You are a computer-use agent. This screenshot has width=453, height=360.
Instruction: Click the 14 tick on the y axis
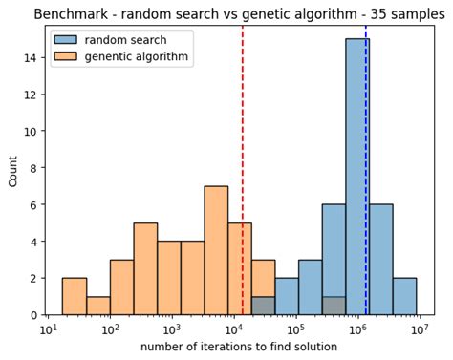click(x=31, y=57)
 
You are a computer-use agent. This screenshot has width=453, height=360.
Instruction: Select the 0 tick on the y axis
click(x=33, y=315)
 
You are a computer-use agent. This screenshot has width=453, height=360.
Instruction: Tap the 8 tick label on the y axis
click(x=33, y=168)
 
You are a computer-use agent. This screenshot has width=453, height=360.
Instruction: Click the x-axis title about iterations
click(x=239, y=347)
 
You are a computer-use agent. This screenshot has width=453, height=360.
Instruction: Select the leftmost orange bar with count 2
click(x=74, y=296)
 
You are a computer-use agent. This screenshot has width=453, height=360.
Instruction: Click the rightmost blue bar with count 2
click(x=404, y=296)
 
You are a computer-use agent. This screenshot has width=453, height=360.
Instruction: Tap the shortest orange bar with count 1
click(x=97, y=306)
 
